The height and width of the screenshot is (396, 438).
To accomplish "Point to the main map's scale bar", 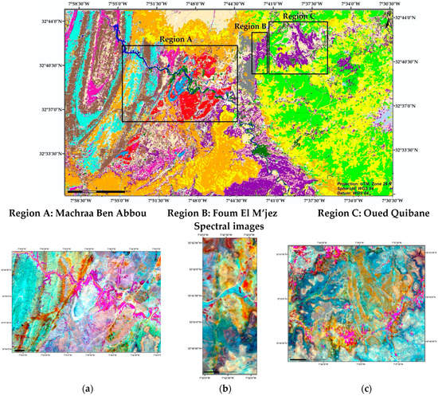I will click(88, 192).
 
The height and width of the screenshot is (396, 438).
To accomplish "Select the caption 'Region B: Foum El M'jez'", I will click(217, 214).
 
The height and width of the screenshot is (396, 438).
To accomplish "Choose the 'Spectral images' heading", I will click(219, 227).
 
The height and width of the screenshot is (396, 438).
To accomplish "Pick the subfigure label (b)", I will click(217, 388).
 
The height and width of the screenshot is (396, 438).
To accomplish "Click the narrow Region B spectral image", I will click(217, 307).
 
